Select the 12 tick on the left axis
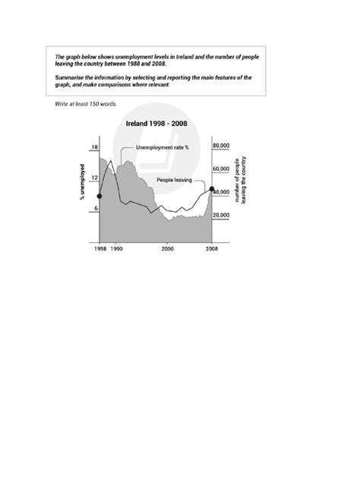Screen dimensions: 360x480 [x=94, y=178]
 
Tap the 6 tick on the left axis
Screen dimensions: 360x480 [x=94, y=209]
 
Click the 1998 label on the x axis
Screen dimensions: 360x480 [x=100, y=249]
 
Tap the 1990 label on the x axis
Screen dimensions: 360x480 [x=116, y=249]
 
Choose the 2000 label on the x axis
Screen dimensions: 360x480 [x=167, y=249]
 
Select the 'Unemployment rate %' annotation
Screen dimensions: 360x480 [x=162, y=147]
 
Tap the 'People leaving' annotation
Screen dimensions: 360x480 [x=174, y=180]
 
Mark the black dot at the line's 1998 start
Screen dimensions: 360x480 [x=100, y=197]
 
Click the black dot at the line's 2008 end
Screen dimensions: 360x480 [x=212, y=188]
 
